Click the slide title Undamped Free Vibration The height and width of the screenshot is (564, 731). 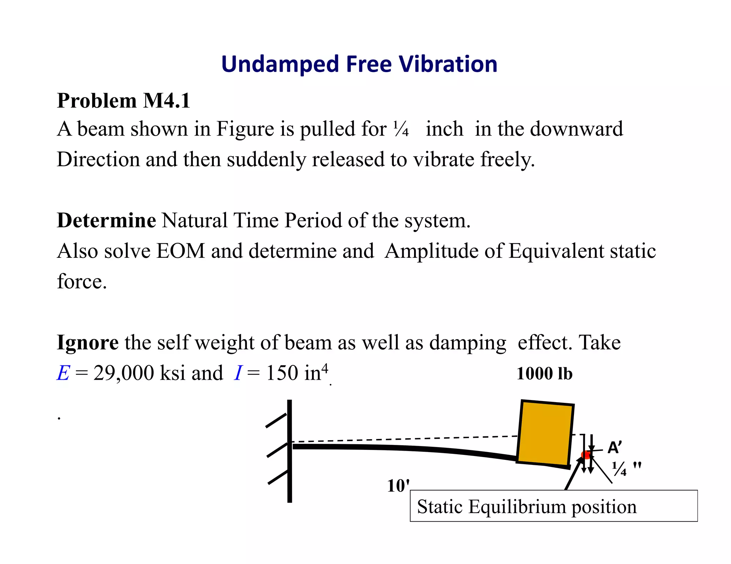pyautogui.click(x=359, y=64)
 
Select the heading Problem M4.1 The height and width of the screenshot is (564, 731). pyautogui.click(x=123, y=101)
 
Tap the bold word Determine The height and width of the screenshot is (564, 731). pyautogui.click(x=106, y=220)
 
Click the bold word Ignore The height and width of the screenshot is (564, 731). pyautogui.click(x=88, y=343)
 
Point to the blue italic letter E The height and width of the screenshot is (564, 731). pyautogui.click(x=63, y=373)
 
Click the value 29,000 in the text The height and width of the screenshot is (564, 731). pyautogui.click(x=123, y=373)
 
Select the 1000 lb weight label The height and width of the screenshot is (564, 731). pyautogui.click(x=544, y=374)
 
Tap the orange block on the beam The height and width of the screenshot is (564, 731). pyautogui.click(x=545, y=433)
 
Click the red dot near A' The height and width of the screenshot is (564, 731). pyautogui.click(x=586, y=455)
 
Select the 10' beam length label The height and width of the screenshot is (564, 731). pyautogui.click(x=398, y=486)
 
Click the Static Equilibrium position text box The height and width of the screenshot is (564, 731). pyautogui.click(x=553, y=506)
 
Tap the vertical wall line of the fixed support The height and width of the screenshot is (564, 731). pyautogui.click(x=289, y=451)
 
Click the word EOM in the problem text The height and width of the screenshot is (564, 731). pyautogui.click(x=181, y=251)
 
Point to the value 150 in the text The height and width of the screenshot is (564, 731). pyautogui.click(x=282, y=373)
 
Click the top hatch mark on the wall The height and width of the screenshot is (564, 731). pyautogui.click(x=276, y=420)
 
